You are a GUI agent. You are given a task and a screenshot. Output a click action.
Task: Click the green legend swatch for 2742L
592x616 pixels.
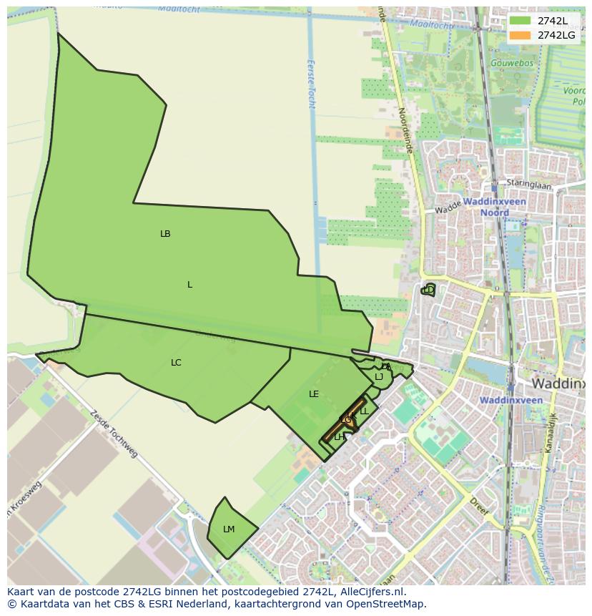(x=520, y=21)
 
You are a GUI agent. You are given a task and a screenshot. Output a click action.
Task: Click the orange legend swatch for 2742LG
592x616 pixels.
(x=520, y=35)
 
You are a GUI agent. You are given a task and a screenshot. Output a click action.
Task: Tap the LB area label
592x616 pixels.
(x=165, y=234)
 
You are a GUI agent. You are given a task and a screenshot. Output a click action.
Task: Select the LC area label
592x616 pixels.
(x=176, y=363)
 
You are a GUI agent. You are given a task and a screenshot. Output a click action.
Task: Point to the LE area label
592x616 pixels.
(x=314, y=394)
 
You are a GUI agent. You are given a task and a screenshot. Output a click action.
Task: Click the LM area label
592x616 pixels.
(x=229, y=529)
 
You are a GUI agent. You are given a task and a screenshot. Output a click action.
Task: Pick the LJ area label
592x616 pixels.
(x=379, y=377)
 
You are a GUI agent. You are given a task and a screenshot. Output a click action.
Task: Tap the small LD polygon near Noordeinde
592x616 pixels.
(x=428, y=290)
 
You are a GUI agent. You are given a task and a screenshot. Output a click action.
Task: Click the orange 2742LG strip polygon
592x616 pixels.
(x=336, y=429)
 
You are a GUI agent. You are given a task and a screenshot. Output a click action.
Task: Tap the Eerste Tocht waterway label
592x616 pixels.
(x=311, y=84)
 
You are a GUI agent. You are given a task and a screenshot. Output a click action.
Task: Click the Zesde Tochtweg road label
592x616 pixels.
(x=114, y=434)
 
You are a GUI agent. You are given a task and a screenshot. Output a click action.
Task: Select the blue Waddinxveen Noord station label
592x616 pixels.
(x=494, y=207)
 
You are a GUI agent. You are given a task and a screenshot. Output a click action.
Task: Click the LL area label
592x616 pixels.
(x=364, y=411)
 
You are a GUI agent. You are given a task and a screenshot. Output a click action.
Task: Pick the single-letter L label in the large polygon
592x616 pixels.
(x=189, y=285)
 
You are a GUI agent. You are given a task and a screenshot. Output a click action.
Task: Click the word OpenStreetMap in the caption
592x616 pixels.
(x=387, y=604)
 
